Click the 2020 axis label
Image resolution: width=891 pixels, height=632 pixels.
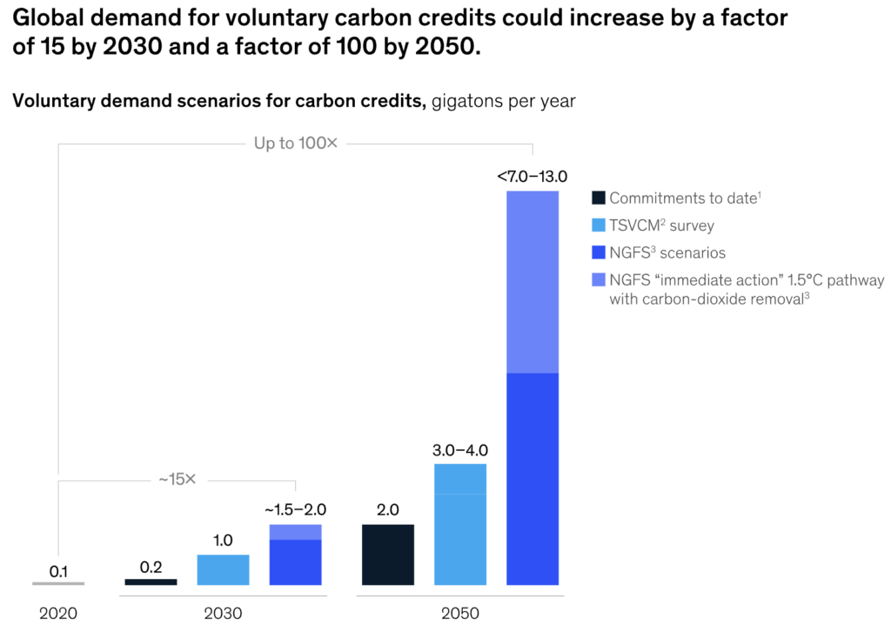[x=58, y=613]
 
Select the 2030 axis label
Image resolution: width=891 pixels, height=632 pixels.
[x=223, y=613]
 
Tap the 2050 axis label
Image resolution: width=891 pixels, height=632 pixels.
[x=460, y=613]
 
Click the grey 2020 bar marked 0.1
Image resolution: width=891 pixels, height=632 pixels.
[x=58, y=583]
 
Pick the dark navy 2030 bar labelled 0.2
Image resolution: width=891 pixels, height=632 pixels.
[x=151, y=582]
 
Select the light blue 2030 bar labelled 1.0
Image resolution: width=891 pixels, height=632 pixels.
[x=223, y=569]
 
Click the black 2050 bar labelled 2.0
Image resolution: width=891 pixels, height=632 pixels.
[x=388, y=554]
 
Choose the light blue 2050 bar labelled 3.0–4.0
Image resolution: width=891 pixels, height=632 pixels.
[x=460, y=524]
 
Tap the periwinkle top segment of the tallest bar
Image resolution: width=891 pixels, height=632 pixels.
[x=532, y=281]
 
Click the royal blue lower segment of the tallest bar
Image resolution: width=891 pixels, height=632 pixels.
[x=532, y=478]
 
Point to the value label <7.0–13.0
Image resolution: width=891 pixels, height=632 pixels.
[x=532, y=177]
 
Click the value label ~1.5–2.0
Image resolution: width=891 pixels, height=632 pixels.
[x=295, y=510]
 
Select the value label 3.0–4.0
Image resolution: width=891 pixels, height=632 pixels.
[x=460, y=450]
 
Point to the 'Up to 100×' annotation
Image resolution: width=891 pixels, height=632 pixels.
[x=295, y=143]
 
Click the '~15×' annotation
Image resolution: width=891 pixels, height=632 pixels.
[x=178, y=480]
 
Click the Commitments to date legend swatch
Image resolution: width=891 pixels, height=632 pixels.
[x=598, y=198]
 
